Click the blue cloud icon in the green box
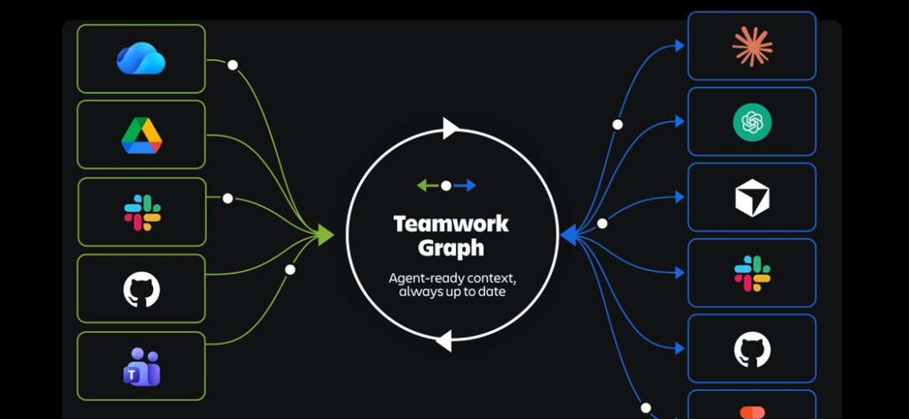(x=141, y=58)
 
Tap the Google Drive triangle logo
(x=141, y=136)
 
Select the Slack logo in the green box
(x=143, y=213)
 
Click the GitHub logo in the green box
(x=141, y=289)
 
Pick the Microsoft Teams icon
(x=142, y=366)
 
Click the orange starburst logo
(x=753, y=47)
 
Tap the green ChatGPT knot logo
(x=752, y=122)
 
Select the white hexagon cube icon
(x=752, y=198)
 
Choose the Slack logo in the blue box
(x=753, y=273)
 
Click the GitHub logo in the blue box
(x=753, y=349)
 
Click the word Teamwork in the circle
(x=451, y=224)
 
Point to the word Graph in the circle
(x=451, y=248)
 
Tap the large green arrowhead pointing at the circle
(x=326, y=235)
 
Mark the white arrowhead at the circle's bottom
(x=444, y=341)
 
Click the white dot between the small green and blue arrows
(x=446, y=185)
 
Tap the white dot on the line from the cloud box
(x=232, y=65)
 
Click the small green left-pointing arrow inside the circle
(x=428, y=185)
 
